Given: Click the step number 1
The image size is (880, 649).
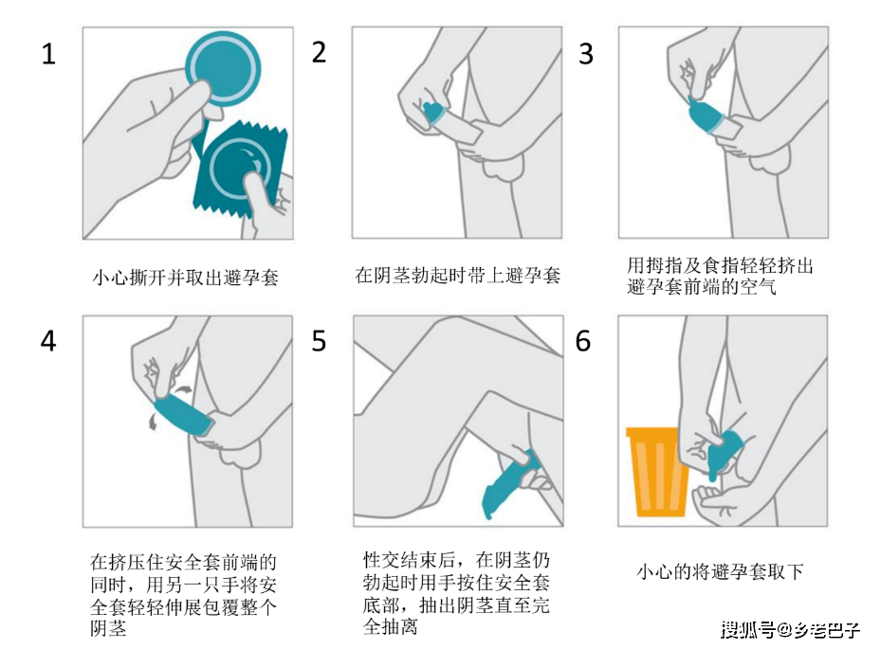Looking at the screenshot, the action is coord(48,54).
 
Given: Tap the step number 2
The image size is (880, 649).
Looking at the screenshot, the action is coord(319,52).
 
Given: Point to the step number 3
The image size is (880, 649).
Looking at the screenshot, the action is coord(586,54).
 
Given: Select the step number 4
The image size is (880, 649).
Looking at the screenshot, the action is coord(48,341).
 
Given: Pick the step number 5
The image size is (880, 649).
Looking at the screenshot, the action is coord(319,341).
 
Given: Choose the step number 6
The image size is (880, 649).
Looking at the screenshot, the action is coord(583,341).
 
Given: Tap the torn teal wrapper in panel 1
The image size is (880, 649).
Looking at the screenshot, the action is coord(239,170).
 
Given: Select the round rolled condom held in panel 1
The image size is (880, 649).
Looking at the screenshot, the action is coord(225,68).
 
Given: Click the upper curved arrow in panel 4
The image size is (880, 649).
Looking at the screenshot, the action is coord(182,388).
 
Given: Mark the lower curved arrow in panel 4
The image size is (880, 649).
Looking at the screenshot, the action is coord(152,422).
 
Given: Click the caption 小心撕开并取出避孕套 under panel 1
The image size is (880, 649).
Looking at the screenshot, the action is coord(186,277).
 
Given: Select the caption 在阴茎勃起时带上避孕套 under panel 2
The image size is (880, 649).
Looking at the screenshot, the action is coord(457,275).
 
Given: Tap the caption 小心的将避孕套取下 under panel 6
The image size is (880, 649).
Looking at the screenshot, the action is coord(720,571).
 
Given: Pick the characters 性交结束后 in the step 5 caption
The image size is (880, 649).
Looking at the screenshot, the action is coord(409,560).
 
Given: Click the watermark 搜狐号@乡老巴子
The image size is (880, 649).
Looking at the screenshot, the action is coord(790,629).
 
